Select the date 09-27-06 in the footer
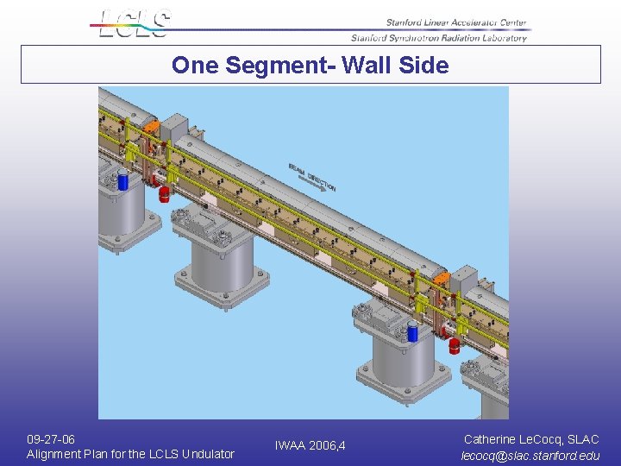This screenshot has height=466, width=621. (x=51, y=439)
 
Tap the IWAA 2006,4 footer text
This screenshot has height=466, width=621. (x=310, y=446)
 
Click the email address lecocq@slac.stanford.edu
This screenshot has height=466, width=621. (x=530, y=455)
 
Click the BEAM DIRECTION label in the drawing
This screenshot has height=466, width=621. (x=312, y=175)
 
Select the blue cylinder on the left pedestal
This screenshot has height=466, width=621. (x=122, y=181)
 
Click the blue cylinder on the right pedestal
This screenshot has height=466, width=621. (x=413, y=332)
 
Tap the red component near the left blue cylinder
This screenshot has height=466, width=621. (x=164, y=194)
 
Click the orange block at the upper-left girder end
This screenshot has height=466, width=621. (x=152, y=126)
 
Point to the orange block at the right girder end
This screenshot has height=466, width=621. (x=440, y=278)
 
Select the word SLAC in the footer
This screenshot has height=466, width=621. (x=583, y=439)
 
